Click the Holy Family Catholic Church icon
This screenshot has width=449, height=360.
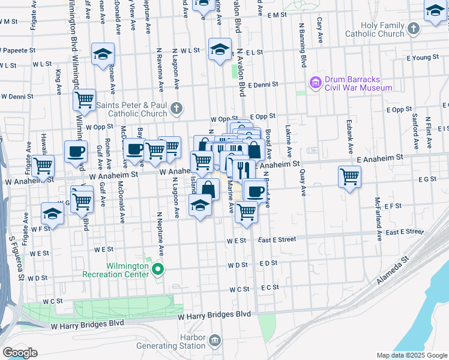point(414,28)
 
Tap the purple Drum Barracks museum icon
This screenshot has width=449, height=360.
point(315,82)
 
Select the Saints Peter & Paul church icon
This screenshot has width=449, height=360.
point(175,109)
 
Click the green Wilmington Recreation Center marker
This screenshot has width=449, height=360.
point(158,269)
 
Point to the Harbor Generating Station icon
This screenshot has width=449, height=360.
point(215,341)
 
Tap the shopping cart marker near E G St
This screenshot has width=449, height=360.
point(349,176)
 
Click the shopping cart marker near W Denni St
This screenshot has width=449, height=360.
point(85,99)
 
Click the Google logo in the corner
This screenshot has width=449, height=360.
point(20,352)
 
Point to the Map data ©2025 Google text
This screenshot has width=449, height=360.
point(411,355)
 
